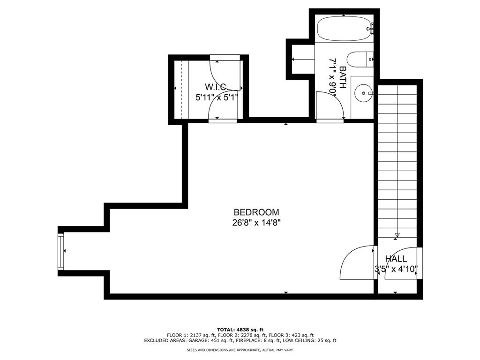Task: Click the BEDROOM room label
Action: click(x=256, y=212)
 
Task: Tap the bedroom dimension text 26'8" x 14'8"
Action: click(x=256, y=223)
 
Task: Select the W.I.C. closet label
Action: click(x=216, y=87)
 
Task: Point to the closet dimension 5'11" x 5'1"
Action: click(x=217, y=98)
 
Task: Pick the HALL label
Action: click(x=396, y=259)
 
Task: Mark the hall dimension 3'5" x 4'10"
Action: click(x=396, y=270)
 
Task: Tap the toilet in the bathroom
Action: click(x=359, y=60)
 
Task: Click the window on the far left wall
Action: click(x=60, y=252)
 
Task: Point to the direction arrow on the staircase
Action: click(x=397, y=235)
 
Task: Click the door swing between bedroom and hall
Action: click(x=356, y=262)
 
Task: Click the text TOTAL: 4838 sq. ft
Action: click(x=240, y=330)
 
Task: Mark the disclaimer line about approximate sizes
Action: click(x=240, y=350)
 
